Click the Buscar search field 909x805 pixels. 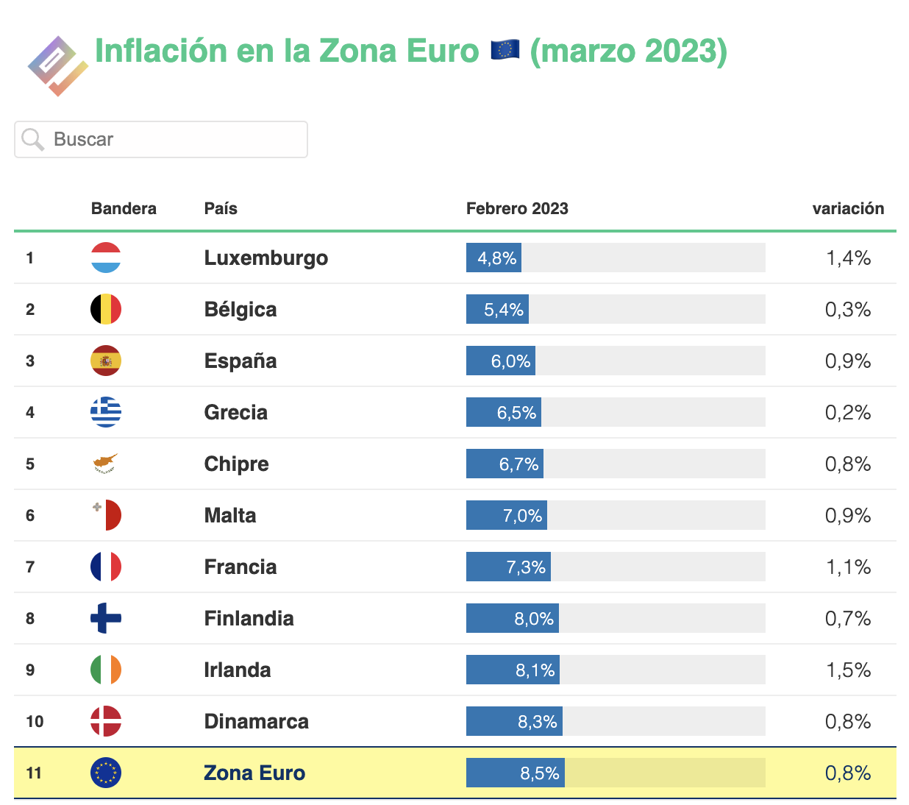coord(160,139)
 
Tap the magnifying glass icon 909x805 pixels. coord(33,139)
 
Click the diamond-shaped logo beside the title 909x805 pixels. coord(58,66)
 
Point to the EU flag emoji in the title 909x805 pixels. coord(505,49)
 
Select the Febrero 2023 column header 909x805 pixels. coord(517,208)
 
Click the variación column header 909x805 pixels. coord(848,208)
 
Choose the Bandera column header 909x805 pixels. coord(124,208)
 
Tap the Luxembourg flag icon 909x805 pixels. coord(106,258)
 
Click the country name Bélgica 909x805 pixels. coord(240,309)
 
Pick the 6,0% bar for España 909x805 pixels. coord(501,361)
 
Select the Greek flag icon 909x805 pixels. coord(106,412)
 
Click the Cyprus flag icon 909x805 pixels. coord(106,464)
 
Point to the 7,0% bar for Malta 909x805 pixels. coord(507,515)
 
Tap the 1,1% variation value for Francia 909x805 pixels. coord(848,567)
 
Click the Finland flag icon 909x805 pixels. coord(106,618)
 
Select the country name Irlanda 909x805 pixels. coord(238,670)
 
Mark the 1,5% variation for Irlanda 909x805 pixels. coord(848,670)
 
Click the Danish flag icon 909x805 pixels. coord(106,721)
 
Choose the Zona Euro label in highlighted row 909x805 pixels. coord(254,773)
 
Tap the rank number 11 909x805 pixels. coord(34,773)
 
